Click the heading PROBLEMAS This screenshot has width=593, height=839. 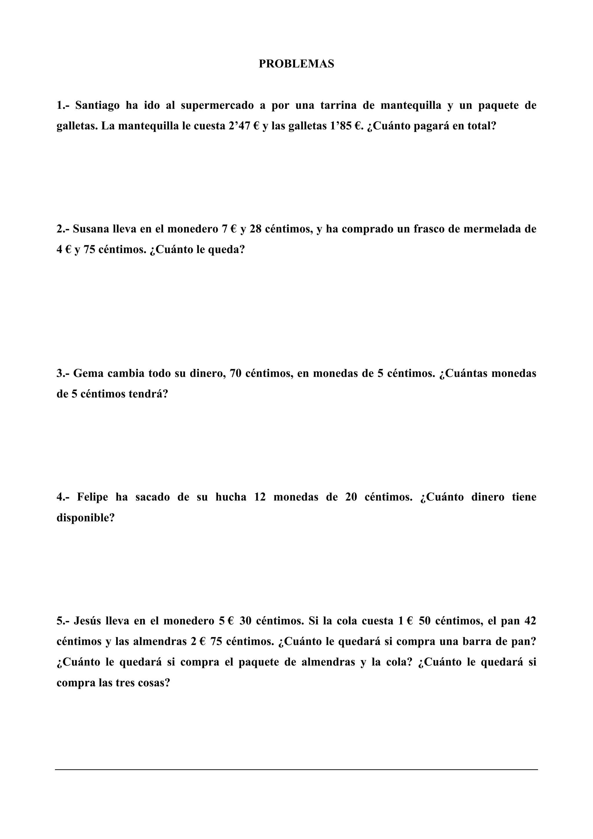coord(296,64)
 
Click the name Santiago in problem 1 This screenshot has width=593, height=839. coord(97,106)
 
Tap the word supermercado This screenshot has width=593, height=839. coord(217,106)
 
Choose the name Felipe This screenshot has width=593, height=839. coord(92,497)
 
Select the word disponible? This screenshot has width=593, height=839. coord(85,518)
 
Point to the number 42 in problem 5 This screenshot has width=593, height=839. coord(530,621)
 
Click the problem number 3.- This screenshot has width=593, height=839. coord(63,373)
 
